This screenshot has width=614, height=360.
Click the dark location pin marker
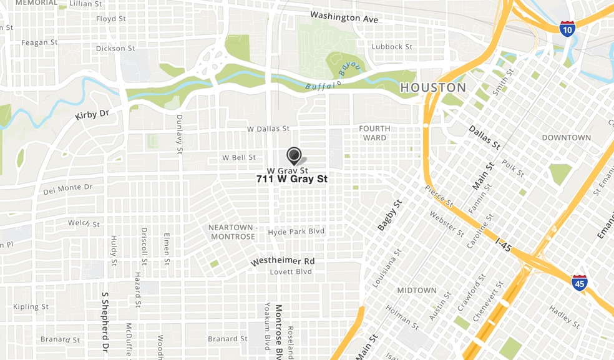tap(293, 155)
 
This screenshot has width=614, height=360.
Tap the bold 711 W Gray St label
tap(292, 179)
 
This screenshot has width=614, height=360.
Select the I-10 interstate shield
tap(567, 28)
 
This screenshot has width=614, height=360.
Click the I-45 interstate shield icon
tap(579, 283)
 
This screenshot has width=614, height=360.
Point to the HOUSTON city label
tap(433, 87)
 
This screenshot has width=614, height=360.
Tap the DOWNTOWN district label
tap(566, 137)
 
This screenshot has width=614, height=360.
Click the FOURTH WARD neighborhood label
tap(374, 133)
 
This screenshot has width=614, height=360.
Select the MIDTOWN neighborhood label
tap(417, 290)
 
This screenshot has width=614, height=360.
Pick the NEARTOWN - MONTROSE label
tap(233, 232)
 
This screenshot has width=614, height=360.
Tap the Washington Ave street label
tap(344, 17)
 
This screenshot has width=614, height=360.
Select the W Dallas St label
tap(268, 129)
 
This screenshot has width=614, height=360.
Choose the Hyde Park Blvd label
tap(296, 231)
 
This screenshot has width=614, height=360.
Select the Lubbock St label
tap(392, 47)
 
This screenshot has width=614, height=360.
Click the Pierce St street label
tap(439, 196)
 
